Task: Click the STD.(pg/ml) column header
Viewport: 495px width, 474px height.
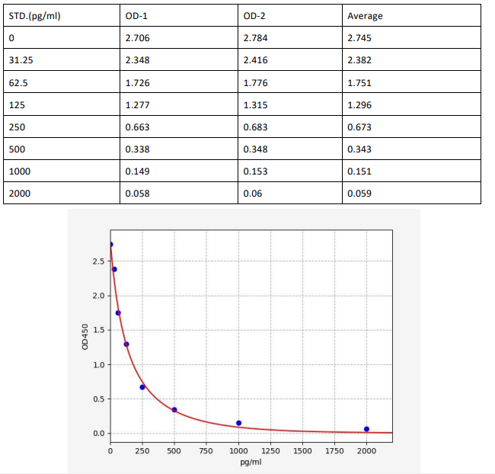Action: pos(35,16)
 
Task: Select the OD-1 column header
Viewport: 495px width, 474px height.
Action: pos(138,16)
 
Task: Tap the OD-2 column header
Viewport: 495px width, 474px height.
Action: pos(255,16)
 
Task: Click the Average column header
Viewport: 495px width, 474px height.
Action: pos(365,16)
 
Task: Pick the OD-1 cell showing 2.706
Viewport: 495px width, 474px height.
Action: pos(137,38)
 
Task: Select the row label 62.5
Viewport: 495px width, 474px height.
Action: pos(18,82)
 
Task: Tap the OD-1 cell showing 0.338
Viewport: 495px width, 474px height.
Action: pos(137,149)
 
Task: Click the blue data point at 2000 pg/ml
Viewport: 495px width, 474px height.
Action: pos(366,429)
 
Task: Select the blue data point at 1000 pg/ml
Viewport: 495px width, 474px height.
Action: pos(238,423)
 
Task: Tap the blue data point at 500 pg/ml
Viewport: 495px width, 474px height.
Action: pos(174,410)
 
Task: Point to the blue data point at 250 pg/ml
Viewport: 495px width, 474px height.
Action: pos(142,387)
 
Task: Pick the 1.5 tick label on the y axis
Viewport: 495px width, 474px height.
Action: pos(99,330)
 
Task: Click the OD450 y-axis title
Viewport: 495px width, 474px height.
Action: pos(85,338)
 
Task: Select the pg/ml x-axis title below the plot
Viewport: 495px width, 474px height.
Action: pos(251,463)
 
